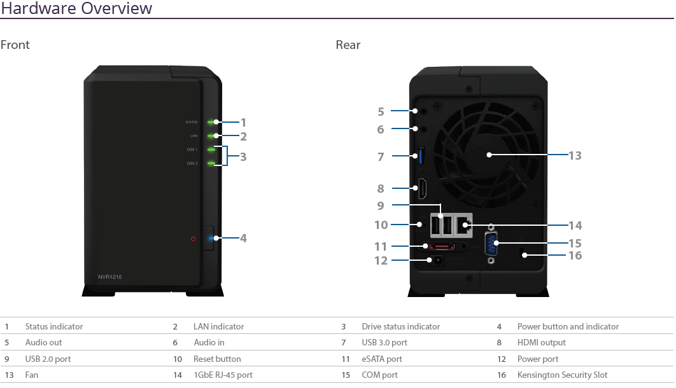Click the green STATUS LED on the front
point(211,122)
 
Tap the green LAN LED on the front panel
point(211,136)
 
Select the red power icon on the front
point(193,238)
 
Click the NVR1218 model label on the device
point(109,277)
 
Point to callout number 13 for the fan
point(575,155)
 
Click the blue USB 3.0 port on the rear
point(421,156)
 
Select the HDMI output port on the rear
point(423,189)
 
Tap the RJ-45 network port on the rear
point(463,225)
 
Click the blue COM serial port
point(491,244)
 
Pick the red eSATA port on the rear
point(440,246)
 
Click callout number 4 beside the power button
point(243,238)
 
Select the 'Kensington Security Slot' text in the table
point(562,375)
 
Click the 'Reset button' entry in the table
point(217,359)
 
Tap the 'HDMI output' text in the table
point(542,342)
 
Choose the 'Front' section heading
point(15,45)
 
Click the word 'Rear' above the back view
point(348,45)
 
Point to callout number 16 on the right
point(575,255)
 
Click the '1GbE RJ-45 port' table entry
point(223,375)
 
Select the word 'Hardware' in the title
point(39,8)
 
